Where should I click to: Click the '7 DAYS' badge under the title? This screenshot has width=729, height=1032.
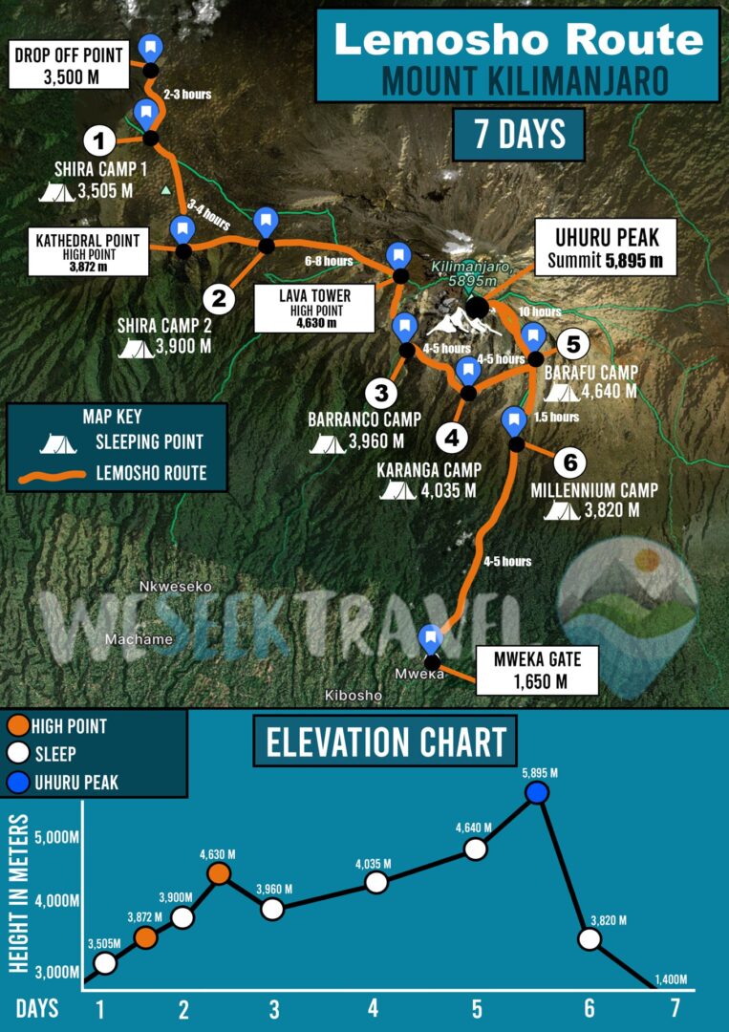point(519,135)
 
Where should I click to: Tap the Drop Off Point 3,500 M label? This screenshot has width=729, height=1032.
point(69,65)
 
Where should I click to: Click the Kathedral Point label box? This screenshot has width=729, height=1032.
point(88,251)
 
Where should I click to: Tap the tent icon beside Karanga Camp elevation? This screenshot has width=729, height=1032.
point(398,491)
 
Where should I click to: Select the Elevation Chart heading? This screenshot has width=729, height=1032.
point(385,742)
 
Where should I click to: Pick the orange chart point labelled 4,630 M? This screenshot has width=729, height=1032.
point(219,873)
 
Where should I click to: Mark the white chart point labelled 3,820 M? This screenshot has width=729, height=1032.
point(590,938)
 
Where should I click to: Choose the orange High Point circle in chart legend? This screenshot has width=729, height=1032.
point(16,726)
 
